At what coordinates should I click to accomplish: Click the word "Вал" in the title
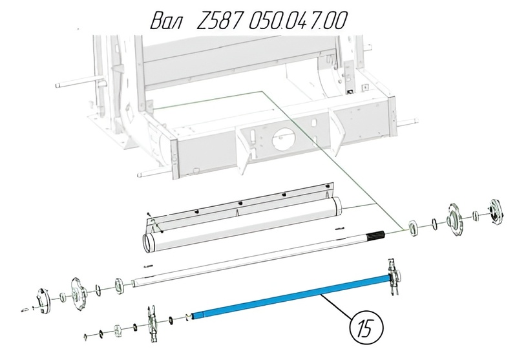click(x=167, y=21)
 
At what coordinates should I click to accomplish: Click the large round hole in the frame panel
click(x=284, y=141)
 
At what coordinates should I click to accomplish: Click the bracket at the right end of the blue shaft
click(x=395, y=277)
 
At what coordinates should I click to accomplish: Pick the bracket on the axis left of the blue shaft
click(x=152, y=323)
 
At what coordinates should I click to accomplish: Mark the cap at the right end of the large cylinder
click(x=337, y=206)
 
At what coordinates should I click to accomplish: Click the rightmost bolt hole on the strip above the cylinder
click(x=327, y=187)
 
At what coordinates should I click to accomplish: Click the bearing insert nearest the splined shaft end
click(x=414, y=228)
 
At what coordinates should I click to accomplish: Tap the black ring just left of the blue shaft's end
click(x=171, y=320)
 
